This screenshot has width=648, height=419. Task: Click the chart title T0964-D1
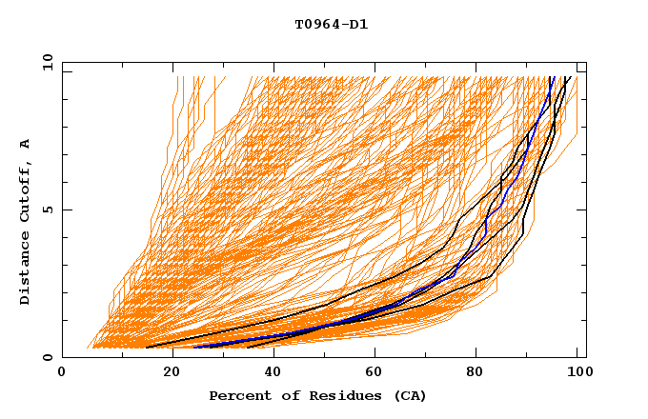(x=331, y=25)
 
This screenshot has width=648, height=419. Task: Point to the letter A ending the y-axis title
(x=25, y=144)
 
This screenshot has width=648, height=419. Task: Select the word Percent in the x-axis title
(x=239, y=395)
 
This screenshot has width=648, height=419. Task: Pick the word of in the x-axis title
(x=286, y=395)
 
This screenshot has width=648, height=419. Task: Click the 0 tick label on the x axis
(x=62, y=372)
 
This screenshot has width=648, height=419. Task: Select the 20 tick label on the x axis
(x=166, y=372)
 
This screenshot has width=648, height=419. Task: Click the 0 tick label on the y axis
(x=47, y=357)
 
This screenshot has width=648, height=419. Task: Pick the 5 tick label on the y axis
(x=47, y=209)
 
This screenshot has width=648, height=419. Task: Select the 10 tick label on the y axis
(x=44, y=62)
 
